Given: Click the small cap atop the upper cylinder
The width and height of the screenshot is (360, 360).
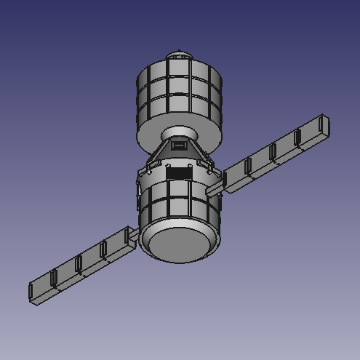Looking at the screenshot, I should click(180, 55).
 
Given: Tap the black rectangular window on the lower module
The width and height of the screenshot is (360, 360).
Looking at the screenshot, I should click(178, 173).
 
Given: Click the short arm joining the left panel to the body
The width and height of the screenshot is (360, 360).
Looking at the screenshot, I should click(133, 235).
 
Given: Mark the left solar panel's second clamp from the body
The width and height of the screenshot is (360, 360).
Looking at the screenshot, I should click(79, 263).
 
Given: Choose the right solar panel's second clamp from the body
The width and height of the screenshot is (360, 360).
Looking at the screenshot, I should click(273, 153).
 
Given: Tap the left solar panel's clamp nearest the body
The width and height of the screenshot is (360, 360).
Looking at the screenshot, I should click(103, 250).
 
